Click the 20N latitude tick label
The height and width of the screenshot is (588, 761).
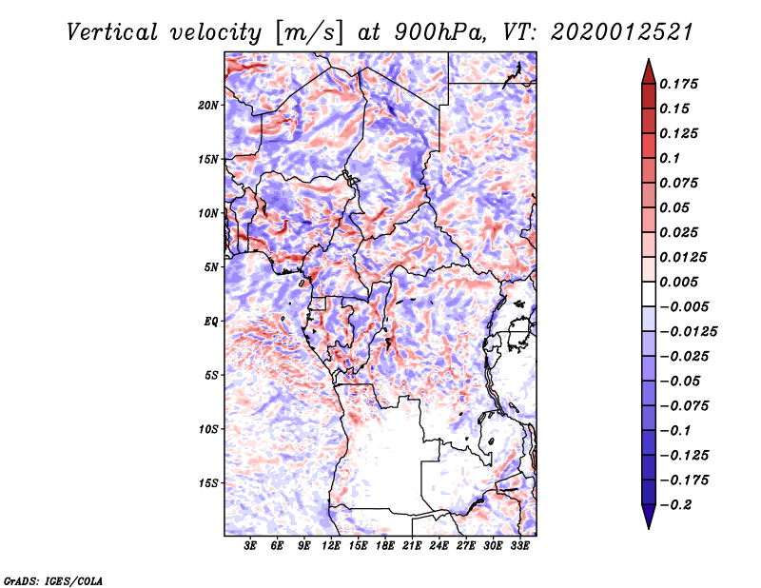[x=208, y=105]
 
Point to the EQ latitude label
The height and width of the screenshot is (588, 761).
[x=210, y=321]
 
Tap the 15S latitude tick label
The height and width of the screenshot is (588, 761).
[x=208, y=482]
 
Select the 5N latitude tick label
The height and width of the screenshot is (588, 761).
[x=210, y=267]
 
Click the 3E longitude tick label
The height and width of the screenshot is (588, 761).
[x=251, y=546]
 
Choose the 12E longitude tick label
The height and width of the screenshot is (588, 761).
[x=332, y=546]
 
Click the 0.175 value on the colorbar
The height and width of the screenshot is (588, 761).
[x=682, y=84]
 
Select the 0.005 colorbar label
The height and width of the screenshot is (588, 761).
[x=682, y=282]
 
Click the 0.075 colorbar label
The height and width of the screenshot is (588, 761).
[x=682, y=183]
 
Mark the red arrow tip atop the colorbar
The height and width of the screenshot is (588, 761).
[x=648, y=64]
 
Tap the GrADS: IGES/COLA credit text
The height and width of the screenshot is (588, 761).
[x=52, y=579]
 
